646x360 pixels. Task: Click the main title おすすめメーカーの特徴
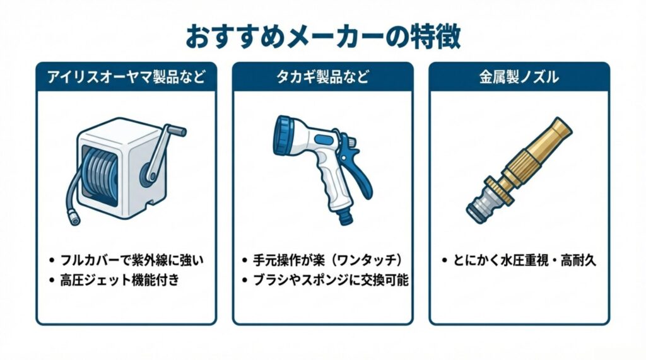tap(323, 37)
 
